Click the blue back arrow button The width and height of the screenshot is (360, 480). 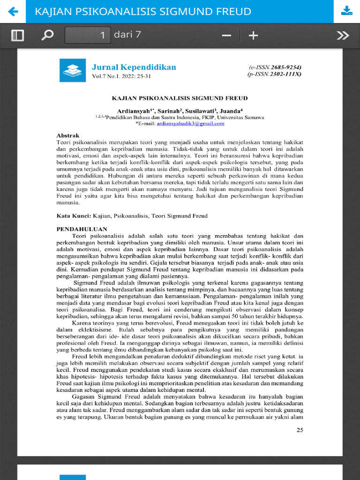(x=13, y=11)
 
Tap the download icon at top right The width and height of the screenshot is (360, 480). (x=346, y=11)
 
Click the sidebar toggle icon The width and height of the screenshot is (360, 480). (x=17, y=36)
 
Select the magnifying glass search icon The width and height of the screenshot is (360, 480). (x=47, y=36)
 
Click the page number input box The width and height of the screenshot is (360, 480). (x=88, y=35)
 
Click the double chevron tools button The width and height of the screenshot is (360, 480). (x=343, y=36)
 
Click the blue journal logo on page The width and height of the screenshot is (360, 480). (x=72, y=70)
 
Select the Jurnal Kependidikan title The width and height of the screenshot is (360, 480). (x=134, y=67)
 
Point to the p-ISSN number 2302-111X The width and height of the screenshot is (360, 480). (x=284, y=74)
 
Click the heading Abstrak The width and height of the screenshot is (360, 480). (x=68, y=135)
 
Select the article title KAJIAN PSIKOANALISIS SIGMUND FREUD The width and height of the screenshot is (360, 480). (x=180, y=98)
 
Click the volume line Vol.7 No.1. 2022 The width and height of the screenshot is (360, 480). (x=121, y=76)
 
